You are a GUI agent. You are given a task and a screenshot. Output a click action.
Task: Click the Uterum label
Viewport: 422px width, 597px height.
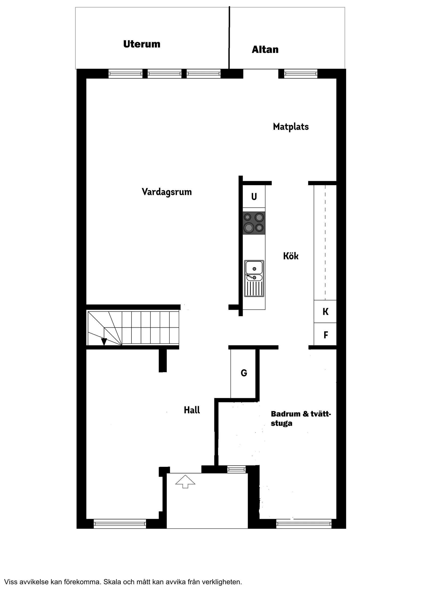[x=142, y=44]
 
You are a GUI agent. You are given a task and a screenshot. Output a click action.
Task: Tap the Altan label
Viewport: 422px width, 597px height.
[x=265, y=50]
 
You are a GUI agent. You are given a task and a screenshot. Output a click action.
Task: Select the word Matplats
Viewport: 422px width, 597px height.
[x=291, y=127]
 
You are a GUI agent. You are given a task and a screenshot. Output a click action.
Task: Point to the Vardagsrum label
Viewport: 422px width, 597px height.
[x=167, y=192]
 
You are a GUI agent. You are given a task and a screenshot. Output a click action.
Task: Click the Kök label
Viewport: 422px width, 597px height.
[x=291, y=256]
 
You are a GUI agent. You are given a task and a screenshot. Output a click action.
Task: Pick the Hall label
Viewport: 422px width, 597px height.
[x=192, y=410]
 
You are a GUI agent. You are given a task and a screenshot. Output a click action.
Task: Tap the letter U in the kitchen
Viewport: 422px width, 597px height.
[x=254, y=197]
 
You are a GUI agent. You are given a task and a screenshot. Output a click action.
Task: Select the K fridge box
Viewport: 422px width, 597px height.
[x=325, y=312]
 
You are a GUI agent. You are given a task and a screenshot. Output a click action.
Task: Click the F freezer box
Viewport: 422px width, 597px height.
[x=325, y=335]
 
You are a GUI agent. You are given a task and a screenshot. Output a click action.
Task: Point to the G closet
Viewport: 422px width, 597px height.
[x=244, y=373]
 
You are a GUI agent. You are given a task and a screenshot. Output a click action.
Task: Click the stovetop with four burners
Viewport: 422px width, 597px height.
[x=254, y=223]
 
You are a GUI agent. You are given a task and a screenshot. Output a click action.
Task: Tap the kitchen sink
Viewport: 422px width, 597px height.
[x=254, y=278]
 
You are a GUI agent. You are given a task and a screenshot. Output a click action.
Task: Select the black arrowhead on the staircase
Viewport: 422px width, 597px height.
[x=104, y=342]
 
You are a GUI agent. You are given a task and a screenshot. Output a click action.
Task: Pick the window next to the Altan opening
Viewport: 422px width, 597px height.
[x=301, y=74]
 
